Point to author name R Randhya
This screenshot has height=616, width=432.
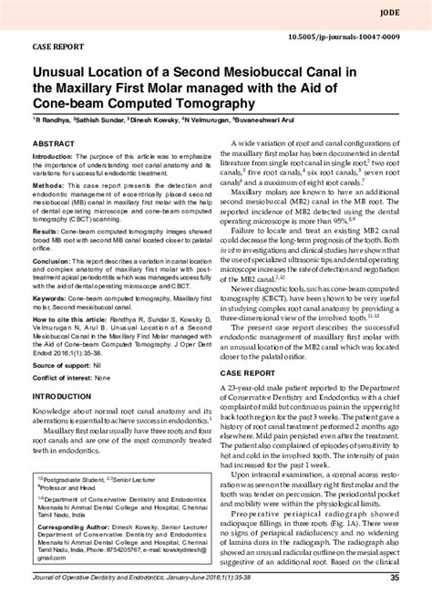coord(57,119)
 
